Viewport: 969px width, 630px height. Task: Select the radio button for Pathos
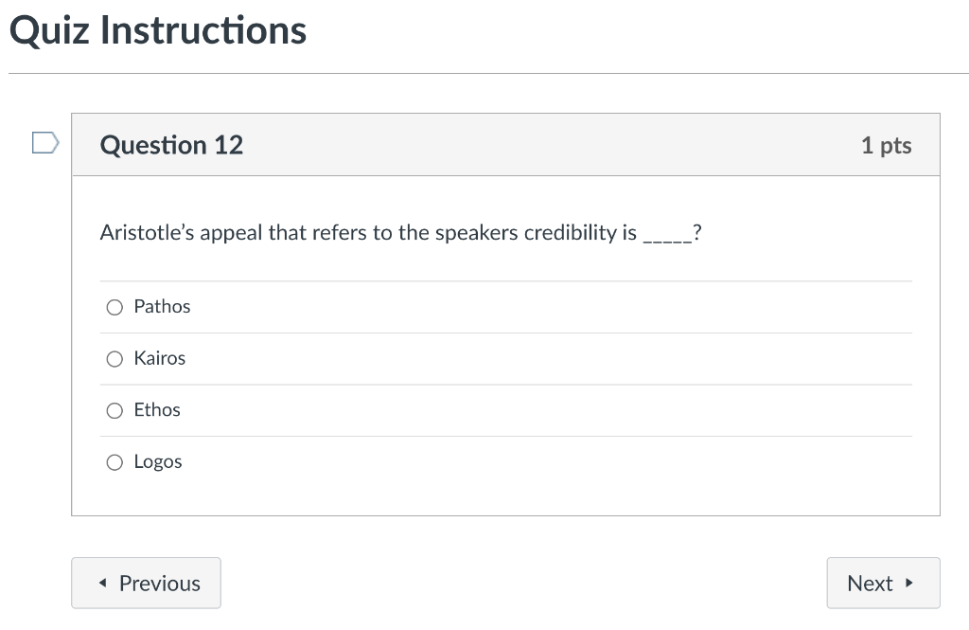pos(115,307)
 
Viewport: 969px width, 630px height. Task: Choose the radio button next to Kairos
pos(115,359)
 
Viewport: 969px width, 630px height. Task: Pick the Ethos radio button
pos(115,410)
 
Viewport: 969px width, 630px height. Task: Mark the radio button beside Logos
pos(115,462)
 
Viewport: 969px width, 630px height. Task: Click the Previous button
pos(146,583)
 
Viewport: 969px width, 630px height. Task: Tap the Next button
pos(883,583)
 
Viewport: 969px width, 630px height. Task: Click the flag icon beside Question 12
pos(44,143)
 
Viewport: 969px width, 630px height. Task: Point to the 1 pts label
pos(886,145)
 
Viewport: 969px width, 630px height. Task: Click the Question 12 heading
pos(171,145)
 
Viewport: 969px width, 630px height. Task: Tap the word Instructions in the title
pos(203,31)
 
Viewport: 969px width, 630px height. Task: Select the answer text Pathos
pos(162,307)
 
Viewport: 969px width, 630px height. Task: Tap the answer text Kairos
pos(159,359)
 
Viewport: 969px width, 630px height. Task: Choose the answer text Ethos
pos(157,410)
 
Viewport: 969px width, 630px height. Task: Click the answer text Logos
pos(158,462)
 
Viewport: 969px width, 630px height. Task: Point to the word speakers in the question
pos(476,233)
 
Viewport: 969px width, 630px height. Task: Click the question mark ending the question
pos(696,233)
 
